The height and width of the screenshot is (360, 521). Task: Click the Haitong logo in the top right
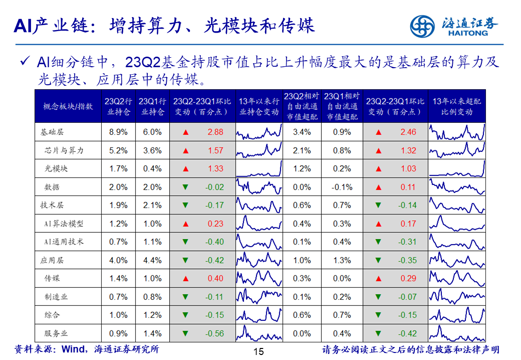454,25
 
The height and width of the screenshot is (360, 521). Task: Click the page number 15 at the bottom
258,351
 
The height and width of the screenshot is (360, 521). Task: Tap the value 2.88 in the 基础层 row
215,132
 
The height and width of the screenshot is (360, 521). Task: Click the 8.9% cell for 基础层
118,132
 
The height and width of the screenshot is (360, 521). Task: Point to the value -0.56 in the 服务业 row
214,333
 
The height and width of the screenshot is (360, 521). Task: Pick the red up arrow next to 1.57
186,150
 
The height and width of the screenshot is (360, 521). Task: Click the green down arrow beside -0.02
186,187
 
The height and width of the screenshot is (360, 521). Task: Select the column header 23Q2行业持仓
118,106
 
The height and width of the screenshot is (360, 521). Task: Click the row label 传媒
53,278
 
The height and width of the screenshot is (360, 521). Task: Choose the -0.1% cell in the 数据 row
342,187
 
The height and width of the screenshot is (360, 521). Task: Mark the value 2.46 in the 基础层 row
408,132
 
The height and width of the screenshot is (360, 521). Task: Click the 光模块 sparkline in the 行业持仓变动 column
259,168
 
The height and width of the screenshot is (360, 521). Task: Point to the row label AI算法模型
64,224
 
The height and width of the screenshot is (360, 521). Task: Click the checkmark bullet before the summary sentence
25,62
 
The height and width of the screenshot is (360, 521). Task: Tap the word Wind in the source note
72,349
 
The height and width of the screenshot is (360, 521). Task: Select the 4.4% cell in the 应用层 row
152,260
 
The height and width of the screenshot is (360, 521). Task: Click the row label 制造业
56,297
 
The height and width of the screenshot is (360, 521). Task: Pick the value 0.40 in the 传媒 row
215,278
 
